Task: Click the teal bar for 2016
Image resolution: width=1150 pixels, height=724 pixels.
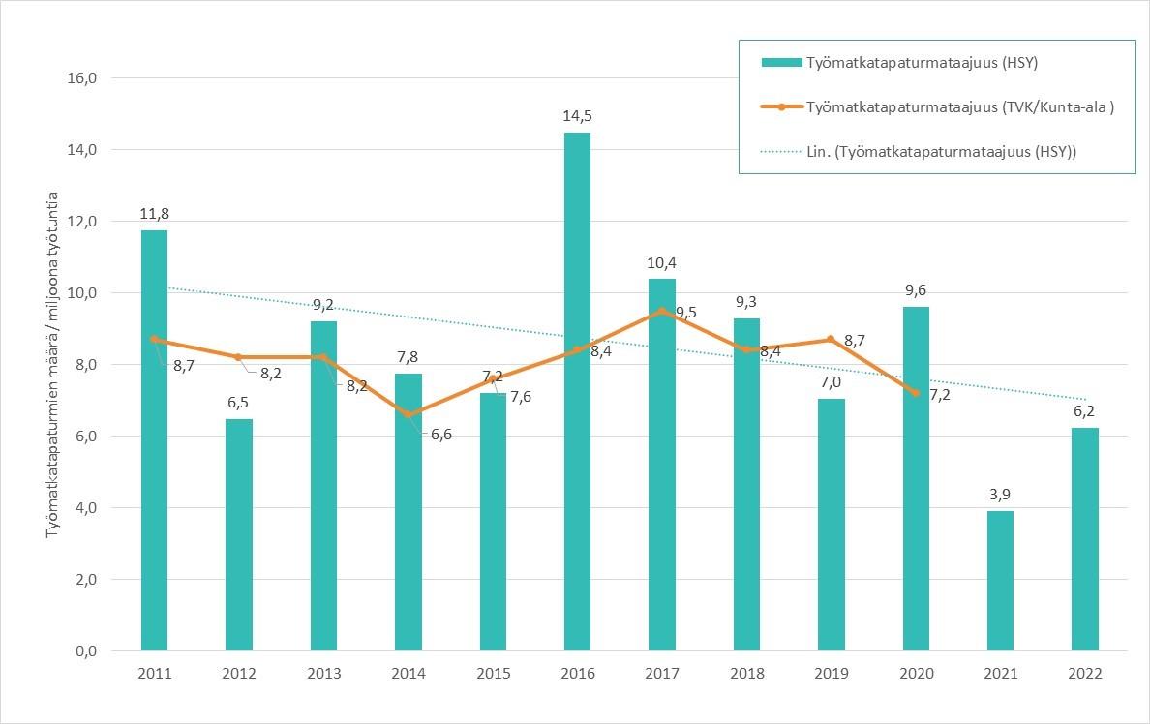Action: pos(577,391)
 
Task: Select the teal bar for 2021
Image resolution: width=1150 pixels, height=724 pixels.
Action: pos(1000,581)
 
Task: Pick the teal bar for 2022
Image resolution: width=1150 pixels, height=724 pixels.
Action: pos(1085,539)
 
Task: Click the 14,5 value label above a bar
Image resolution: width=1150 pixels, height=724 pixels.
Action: pos(577,116)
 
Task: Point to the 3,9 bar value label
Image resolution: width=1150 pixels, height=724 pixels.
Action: pos(1000,495)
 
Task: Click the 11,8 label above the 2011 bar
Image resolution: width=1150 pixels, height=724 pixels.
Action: pos(154,214)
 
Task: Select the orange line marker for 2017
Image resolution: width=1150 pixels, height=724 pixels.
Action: pos(662,311)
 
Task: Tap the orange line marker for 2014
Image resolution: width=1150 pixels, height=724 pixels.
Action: pos(409,414)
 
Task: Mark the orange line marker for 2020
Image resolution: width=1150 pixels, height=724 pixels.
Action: pos(916,393)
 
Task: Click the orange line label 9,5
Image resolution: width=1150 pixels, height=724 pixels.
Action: pos(687,312)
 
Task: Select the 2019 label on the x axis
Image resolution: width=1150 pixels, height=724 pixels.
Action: pos(832,674)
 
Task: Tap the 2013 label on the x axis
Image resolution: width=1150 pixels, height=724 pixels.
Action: pos(323,674)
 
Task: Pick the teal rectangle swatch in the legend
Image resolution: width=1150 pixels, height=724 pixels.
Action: pos(781,63)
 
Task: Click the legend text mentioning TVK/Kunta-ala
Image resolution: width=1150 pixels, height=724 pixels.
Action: pos(960,106)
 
